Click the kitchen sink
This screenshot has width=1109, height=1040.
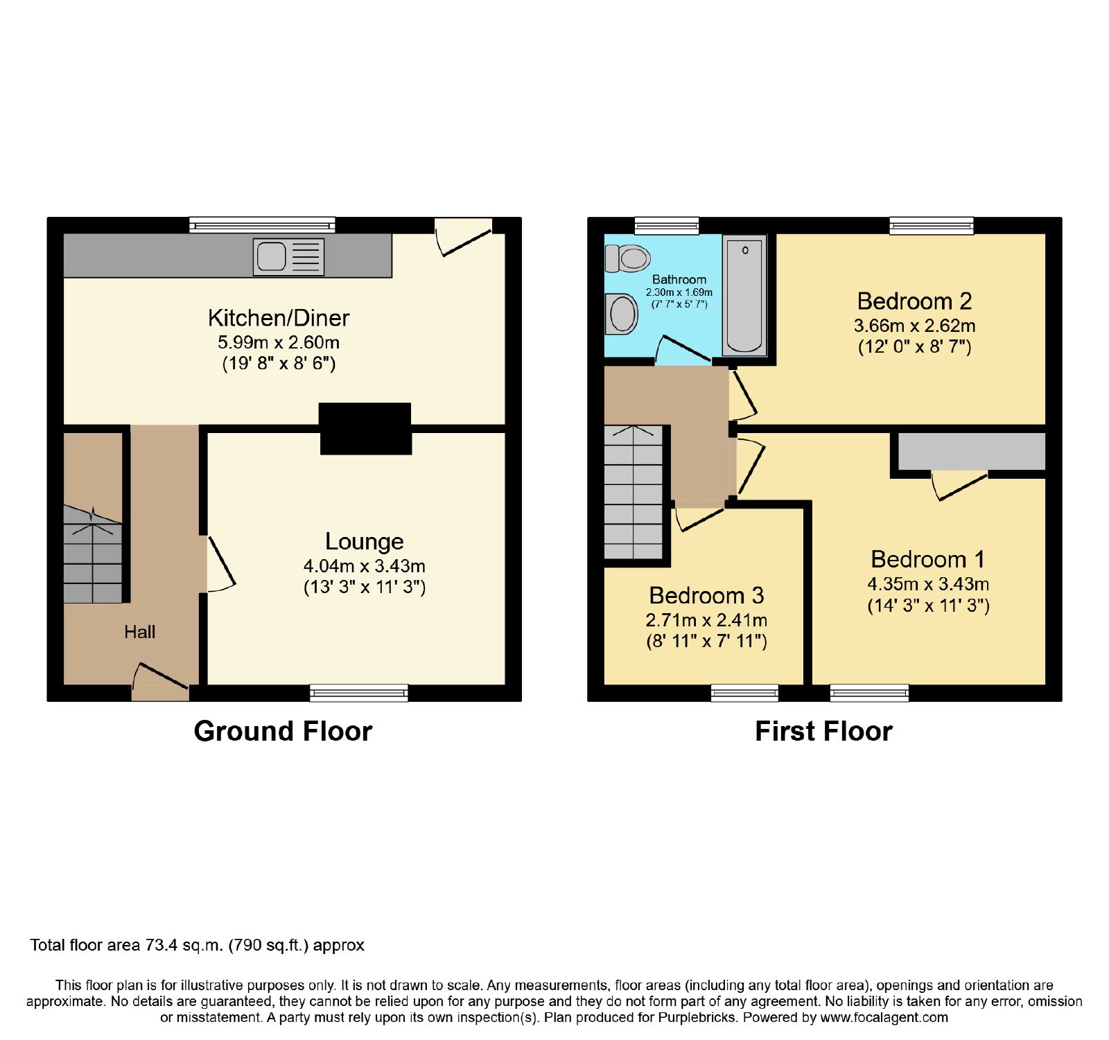point(288,256)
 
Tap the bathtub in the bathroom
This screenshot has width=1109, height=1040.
point(744,294)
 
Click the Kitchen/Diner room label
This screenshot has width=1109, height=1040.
point(279,318)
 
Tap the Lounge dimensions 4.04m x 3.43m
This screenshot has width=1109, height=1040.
point(365,566)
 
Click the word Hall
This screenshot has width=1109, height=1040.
point(139,632)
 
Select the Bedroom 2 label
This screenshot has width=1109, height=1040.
point(914,301)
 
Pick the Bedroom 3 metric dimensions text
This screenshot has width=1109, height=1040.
point(706,620)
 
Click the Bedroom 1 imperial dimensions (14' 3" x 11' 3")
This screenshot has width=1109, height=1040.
point(928,606)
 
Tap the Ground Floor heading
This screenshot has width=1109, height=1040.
point(283,732)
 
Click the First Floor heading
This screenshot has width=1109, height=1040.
point(823,732)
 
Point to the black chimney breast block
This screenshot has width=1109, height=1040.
point(365,429)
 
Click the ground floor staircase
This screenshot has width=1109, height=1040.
point(93,554)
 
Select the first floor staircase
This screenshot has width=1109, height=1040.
point(634,492)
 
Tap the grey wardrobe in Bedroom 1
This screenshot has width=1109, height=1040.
point(972,451)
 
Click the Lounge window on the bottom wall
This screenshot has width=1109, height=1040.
point(359,692)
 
